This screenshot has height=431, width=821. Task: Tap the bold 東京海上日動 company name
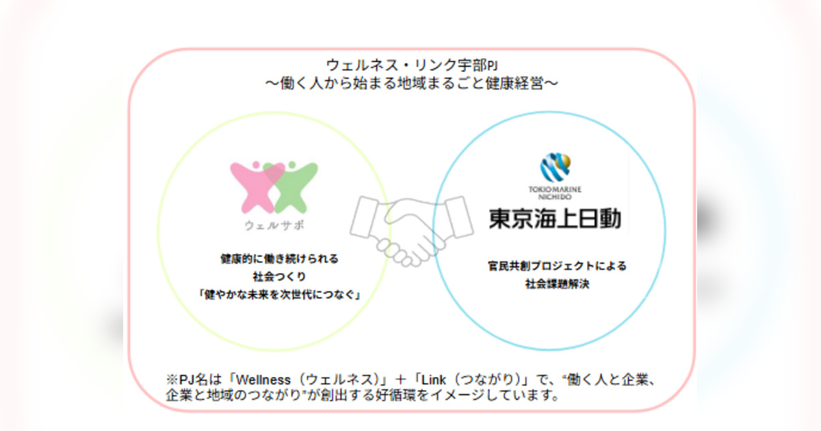(556, 218)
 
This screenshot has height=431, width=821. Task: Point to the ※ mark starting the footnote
(171, 380)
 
